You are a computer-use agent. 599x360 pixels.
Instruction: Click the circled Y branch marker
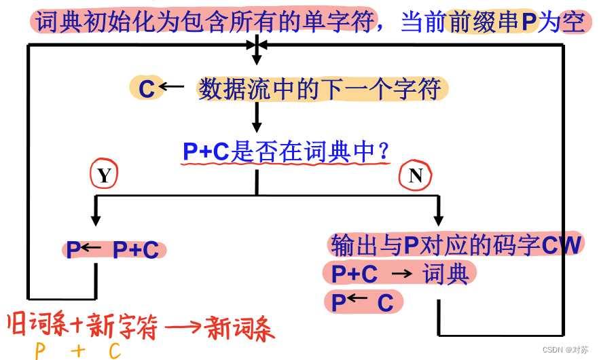coord(103,176)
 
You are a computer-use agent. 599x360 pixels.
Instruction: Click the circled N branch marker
coord(415,177)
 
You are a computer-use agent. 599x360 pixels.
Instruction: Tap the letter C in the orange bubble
coord(147,88)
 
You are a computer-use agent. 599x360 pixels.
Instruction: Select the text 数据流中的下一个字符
coord(320,89)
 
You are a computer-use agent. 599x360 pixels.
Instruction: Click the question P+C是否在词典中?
coord(286,152)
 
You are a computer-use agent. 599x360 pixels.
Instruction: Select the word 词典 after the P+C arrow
coord(446,274)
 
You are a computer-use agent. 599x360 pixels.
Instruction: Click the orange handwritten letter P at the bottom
coord(40,350)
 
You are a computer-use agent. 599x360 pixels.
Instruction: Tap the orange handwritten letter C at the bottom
coord(113,350)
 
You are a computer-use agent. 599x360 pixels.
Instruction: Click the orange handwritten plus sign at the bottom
coord(77,350)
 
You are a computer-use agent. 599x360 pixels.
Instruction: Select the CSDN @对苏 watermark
coord(565,349)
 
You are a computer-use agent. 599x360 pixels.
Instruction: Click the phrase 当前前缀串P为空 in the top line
coord(492,23)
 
